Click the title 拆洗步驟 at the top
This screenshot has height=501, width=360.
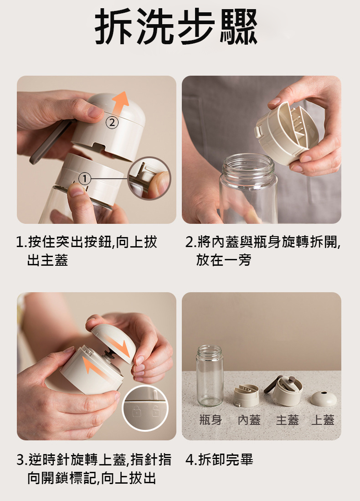tap(176, 26)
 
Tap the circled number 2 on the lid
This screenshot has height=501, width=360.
tap(112, 122)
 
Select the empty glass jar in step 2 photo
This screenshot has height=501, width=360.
tap(248, 189)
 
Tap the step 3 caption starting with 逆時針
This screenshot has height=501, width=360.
tap(94, 469)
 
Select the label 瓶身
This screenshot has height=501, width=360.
tap(211, 420)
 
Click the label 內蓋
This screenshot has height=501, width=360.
tap(249, 420)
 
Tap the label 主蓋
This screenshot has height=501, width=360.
tap(287, 420)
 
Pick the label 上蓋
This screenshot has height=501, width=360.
tap(323, 420)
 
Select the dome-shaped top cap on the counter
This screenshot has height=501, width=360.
tap(324, 398)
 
